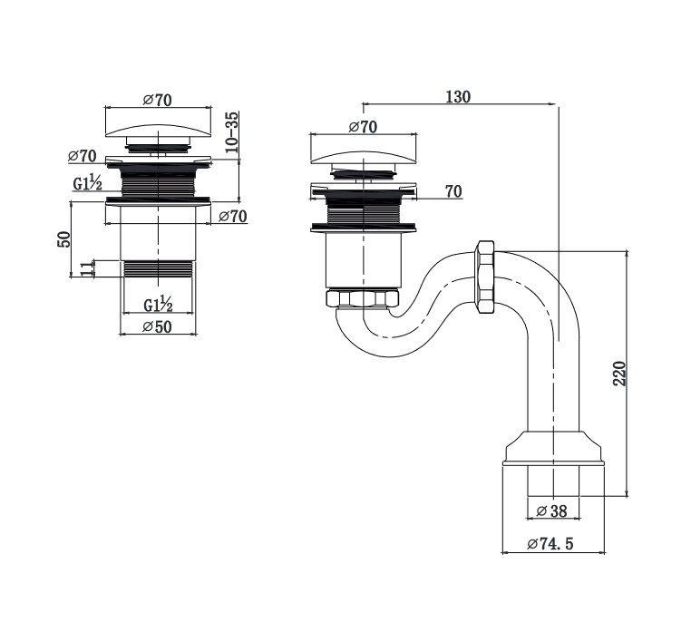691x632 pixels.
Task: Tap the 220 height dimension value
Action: [x=619, y=373]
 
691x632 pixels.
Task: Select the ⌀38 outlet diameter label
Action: [x=551, y=511]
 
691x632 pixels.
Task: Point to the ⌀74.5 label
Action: [x=551, y=544]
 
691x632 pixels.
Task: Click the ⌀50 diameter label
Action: [x=158, y=327]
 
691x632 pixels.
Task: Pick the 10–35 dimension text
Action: [x=232, y=131]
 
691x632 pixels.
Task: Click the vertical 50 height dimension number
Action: [x=63, y=241]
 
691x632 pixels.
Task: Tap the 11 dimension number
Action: [x=86, y=268]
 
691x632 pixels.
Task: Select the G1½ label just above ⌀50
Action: [x=159, y=303]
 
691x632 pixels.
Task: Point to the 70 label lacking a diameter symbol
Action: [x=453, y=191]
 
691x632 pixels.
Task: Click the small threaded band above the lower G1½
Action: [x=158, y=268]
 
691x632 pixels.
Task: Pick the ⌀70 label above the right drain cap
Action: [x=362, y=127]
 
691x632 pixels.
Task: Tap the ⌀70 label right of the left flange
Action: [x=233, y=216]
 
